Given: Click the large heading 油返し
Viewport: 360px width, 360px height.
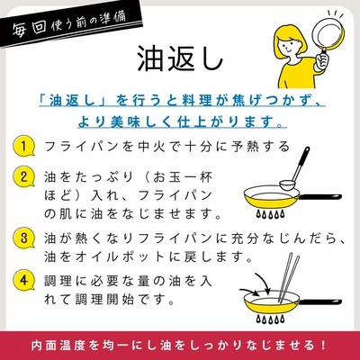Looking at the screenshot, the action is point(180,58).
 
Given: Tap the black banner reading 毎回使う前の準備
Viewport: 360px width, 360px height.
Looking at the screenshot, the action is point(69,25).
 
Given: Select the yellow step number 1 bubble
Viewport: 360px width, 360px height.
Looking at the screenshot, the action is point(24,147).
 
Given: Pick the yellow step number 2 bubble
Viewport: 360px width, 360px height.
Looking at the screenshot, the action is point(24,176).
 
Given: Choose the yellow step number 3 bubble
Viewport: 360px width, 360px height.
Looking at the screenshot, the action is point(24,238).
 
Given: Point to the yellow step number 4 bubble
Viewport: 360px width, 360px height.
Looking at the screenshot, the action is point(24,281).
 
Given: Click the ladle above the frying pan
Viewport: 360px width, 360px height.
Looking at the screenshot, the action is point(295,167).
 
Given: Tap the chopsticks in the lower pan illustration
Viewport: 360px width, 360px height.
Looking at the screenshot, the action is point(289,277).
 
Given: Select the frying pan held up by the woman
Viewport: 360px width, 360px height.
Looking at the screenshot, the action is point(328,38).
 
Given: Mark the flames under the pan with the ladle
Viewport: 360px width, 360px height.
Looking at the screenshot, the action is point(269,214).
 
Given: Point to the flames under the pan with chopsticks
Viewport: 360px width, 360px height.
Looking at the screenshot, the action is point(269,319).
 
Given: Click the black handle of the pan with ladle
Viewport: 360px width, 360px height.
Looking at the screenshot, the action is point(319,197).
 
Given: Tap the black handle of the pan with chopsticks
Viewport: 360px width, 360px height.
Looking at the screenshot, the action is point(319,301).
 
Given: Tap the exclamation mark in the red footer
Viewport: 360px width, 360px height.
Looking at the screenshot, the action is point(323,345).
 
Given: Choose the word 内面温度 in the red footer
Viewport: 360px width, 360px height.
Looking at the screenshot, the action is point(56,345).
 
